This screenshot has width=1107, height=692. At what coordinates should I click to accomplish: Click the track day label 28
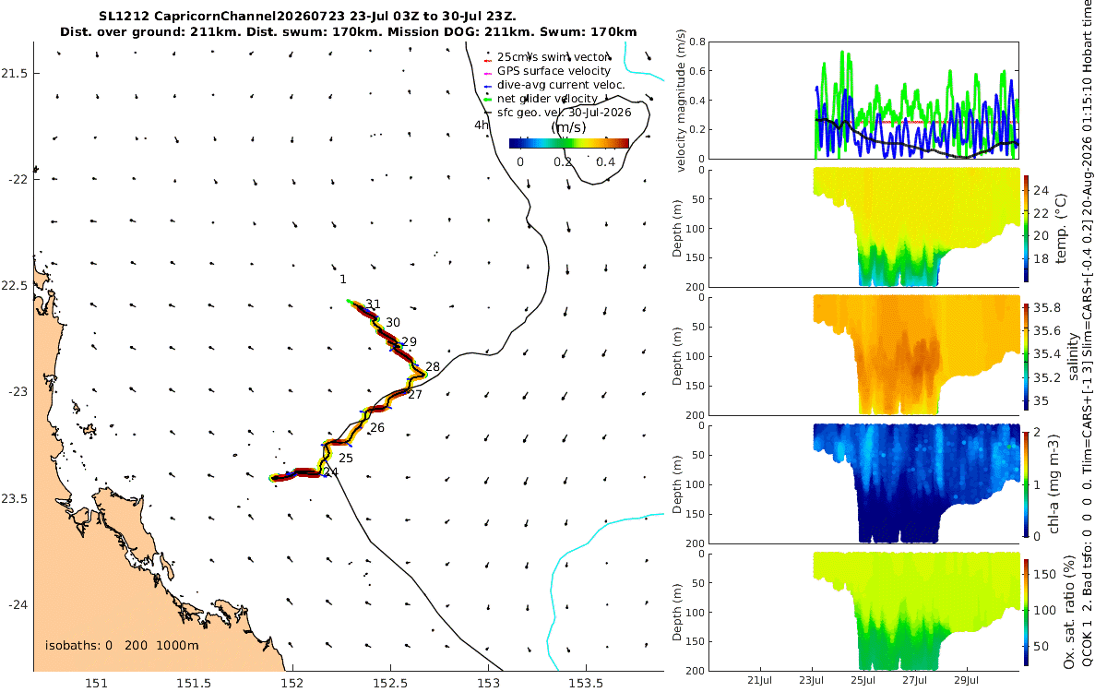point(433,367)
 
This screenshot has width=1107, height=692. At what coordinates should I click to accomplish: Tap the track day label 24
point(331,472)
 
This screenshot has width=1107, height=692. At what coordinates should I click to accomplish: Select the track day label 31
point(373,304)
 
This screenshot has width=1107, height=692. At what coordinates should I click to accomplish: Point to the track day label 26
point(377,427)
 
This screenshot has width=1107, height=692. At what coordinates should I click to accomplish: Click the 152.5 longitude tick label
point(391,683)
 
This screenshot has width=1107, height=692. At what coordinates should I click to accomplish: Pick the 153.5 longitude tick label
point(586,683)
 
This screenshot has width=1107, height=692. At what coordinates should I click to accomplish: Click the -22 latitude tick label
point(18,179)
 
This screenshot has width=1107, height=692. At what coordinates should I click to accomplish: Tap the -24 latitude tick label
point(18,605)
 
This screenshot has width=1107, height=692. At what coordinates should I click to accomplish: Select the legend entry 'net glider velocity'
point(548,99)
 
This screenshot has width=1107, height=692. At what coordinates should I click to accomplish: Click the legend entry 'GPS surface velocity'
point(554,71)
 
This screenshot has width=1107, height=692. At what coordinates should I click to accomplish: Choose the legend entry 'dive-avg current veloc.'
point(561,85)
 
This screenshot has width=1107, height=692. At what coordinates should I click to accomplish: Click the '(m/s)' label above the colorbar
point(569,127)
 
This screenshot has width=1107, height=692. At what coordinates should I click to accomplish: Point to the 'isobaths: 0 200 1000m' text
point(122,646)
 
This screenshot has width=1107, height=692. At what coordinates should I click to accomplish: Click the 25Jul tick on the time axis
point(863,681)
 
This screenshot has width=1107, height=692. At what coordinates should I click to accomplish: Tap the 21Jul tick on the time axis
point(759,681)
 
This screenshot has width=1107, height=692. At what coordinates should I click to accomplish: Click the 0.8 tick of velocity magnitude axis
point(697,42)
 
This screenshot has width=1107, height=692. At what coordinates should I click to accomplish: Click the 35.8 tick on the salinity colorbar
point(1047,308)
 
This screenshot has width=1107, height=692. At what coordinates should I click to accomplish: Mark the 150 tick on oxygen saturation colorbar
point(1044,574)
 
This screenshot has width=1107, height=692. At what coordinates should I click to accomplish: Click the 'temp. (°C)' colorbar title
point(1061,229)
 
